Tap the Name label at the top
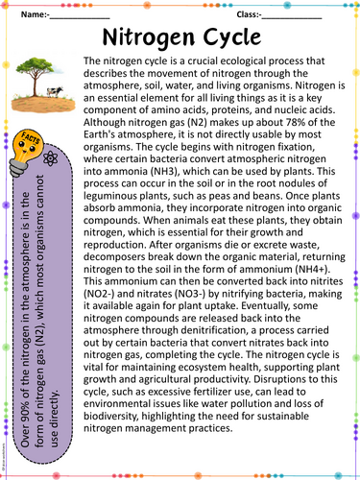(31, 14)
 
